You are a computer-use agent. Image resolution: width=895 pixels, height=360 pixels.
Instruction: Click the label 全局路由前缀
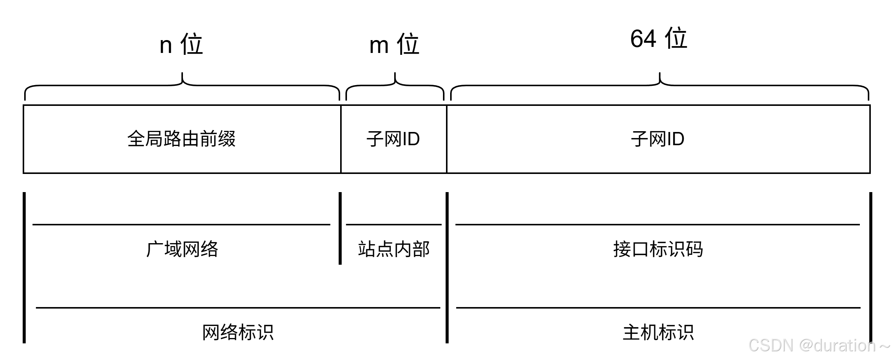click(x=181, y=139)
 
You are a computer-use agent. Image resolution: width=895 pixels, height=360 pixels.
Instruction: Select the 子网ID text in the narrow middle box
click(x=393, y=139)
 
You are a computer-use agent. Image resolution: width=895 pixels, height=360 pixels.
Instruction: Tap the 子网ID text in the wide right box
click(x=658, y=139)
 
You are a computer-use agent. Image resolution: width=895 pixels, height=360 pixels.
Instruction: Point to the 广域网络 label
click(x=183, y=250)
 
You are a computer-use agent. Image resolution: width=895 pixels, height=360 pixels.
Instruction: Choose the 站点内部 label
click(x=394, y=250)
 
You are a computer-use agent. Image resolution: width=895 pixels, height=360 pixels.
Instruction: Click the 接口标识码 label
click(x=659, y=250)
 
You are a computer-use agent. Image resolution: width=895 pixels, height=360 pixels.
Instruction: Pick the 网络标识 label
click(x=238, y=333)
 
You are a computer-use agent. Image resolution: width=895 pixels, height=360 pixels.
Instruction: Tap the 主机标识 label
click(x=659, y=333)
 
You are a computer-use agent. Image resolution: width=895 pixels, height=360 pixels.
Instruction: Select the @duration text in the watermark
click(x=837, y=345)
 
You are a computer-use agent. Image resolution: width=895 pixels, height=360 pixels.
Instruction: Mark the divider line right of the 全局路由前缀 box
click(x=341, y=139)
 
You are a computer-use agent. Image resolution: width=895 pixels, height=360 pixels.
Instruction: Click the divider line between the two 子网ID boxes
click(x=447, y=139)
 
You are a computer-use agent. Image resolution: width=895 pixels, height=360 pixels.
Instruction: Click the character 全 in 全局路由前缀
click(x=136, y=139)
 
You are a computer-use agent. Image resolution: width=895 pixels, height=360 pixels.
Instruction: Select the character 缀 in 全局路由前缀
click(x=227, y=139)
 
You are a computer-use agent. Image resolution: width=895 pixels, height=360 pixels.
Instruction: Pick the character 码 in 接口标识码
click(x=695, y=250)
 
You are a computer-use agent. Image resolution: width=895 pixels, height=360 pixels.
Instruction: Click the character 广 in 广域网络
click(x=155, y=250)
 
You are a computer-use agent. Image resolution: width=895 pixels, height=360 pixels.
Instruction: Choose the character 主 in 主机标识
click(x=632, y=333)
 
